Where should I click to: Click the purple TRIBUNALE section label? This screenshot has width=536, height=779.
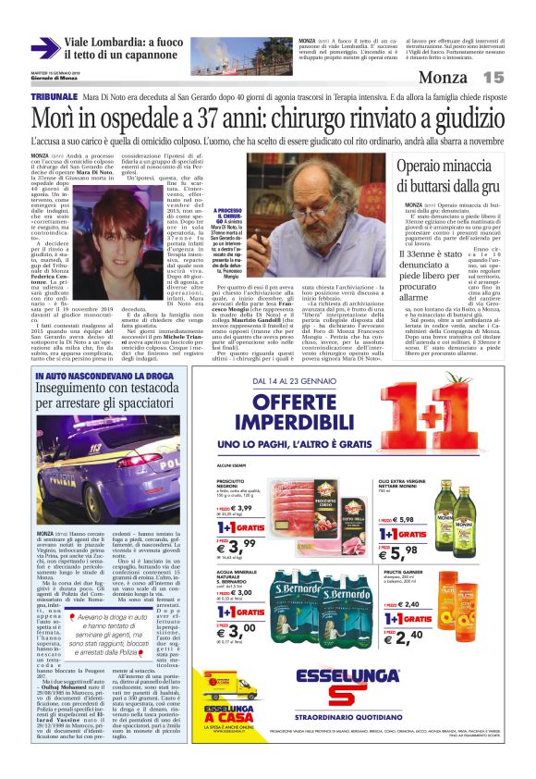[x=53, y=96]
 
